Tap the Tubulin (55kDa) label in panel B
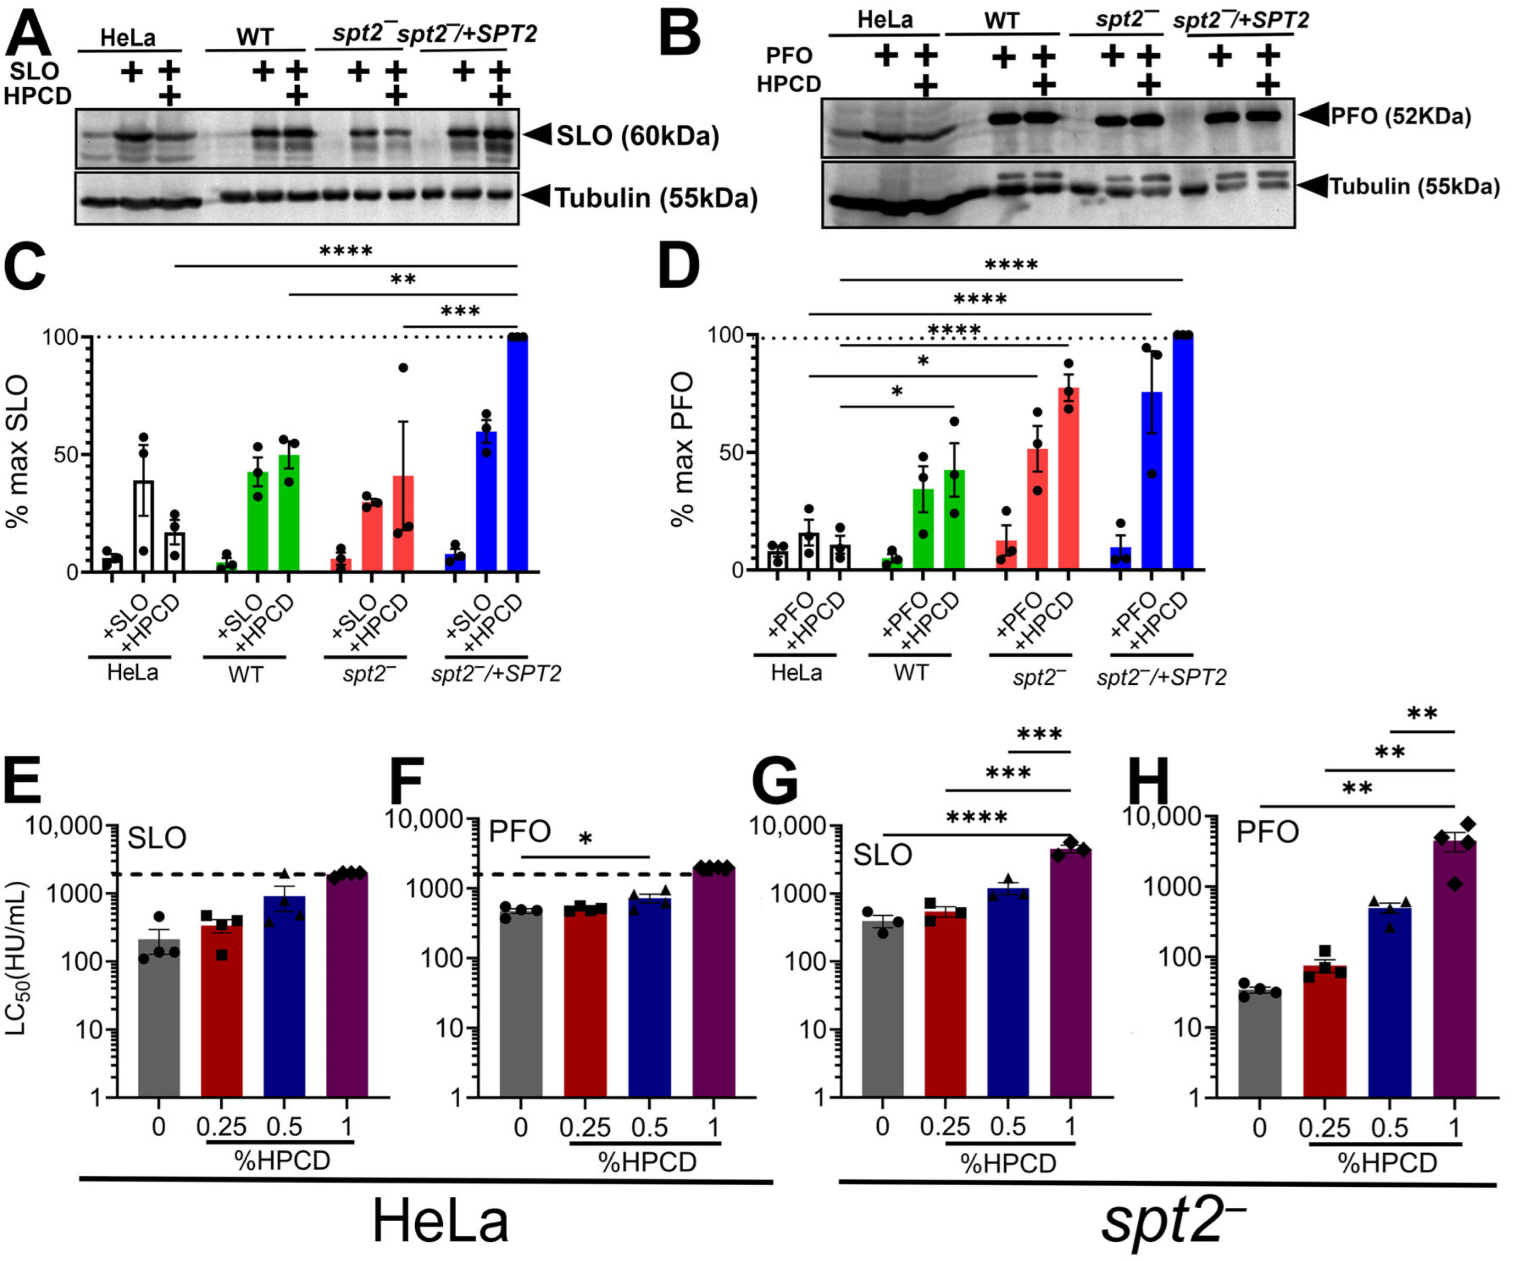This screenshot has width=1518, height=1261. coord(1413,186)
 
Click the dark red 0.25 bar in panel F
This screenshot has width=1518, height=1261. coord(585,1005)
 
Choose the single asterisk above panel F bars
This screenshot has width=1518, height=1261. coord(585,840)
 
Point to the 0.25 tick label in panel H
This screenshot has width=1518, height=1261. coord(1324,1128)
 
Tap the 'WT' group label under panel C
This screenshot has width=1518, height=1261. coord(245,674)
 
